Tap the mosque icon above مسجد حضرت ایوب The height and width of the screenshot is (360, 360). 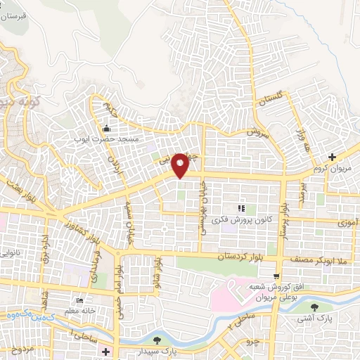(106, 128)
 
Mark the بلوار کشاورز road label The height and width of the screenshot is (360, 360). (67, 233)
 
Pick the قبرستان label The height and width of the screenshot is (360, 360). (13, 15)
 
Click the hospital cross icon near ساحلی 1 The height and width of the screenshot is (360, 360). (105, 351)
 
